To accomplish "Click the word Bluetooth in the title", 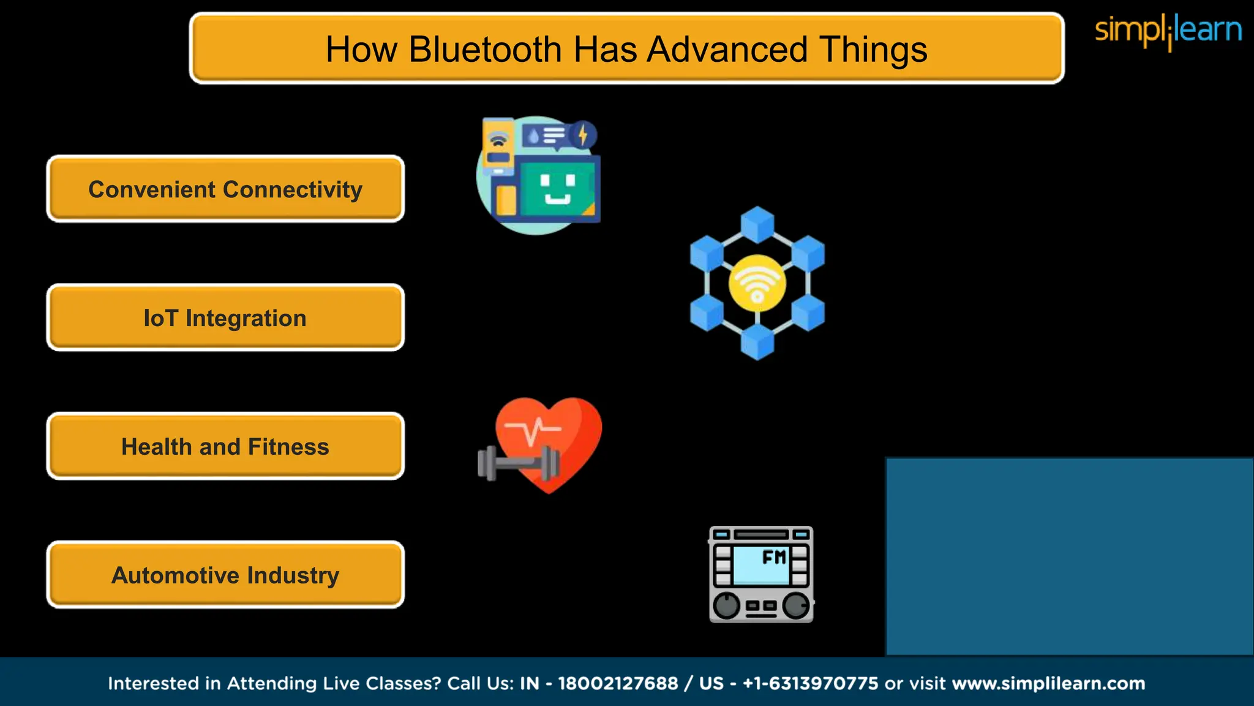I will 485,50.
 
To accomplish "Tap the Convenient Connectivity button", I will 225,189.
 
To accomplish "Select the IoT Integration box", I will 225,318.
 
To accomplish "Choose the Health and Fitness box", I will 225,447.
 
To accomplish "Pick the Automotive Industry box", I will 225,575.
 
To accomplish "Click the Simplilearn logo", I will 1168,31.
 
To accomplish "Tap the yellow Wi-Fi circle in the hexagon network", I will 757,283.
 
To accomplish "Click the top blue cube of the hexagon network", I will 757,224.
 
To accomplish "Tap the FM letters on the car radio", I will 774,557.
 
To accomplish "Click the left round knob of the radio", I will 727,605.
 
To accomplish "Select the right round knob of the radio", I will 796,605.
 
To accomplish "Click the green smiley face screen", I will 557,188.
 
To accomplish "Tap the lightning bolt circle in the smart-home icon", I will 583,135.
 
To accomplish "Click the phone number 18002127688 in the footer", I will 618,683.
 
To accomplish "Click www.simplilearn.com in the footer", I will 1048,683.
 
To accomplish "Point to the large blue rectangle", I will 1069,556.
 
